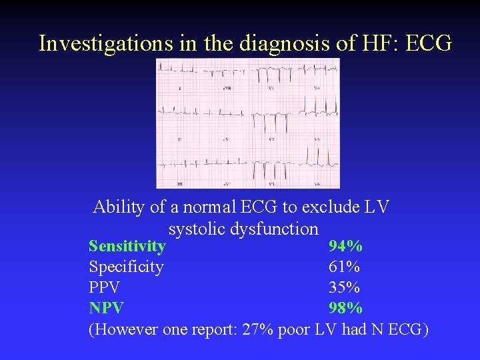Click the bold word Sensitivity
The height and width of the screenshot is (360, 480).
pos(127,246)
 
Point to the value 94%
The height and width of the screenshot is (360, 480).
pos(345,246)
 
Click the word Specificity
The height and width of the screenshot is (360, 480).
pos(126,267)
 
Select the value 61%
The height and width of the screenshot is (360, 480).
pos(344,267)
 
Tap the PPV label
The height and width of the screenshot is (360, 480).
pos(105,287)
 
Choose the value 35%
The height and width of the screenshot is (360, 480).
pos(344,287)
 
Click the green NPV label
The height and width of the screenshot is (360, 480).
pos(106,308)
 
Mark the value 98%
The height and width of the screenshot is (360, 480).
pos(345,308)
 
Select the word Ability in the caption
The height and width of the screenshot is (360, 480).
pos(119,207)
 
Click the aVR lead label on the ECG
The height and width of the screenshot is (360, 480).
pos(227,88)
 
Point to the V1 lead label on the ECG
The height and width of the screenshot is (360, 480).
pos(271,88)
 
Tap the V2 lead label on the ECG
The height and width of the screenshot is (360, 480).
pos(271,139)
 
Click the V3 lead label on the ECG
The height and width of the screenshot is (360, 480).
pos(271,183)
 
